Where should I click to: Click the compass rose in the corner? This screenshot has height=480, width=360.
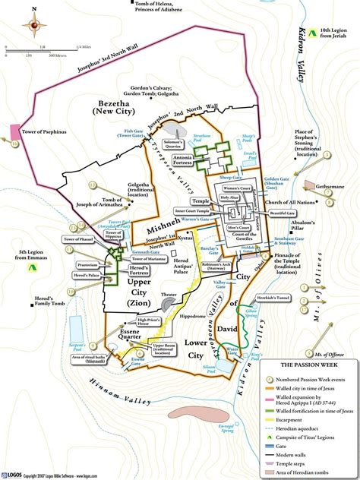tap(34, 26)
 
